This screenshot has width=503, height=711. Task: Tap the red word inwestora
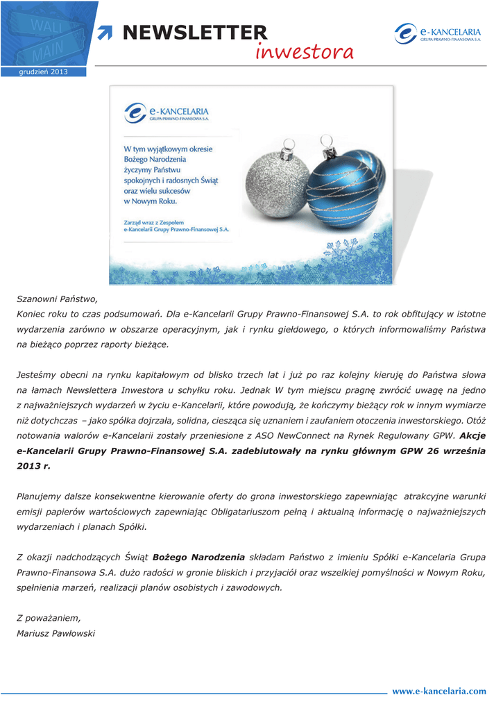pyautogui.click(x=304, y=52)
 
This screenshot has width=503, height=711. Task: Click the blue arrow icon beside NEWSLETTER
pyautogui.click(x=105, y=32)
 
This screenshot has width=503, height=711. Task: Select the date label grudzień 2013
pyautogui.click(x=43, y=72)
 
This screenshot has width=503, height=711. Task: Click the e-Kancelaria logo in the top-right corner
pyautogui.click(x=438, y=33)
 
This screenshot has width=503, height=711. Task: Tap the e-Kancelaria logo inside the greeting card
pyautogui.click(x=167, y=112)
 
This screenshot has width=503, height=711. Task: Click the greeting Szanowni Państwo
pyautogui.click(x=58, y=299)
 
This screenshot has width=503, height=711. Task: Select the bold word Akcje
pyautogui.click(x=473, y=435)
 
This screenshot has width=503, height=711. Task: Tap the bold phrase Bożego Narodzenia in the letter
pyautogui.click(x=198, y=557)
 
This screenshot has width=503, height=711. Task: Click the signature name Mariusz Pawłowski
pyautogui.click(x=56, y=633)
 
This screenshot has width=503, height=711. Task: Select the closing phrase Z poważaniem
pyautogui.click(x=49, y=617)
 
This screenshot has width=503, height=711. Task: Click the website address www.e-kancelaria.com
pyautogui.click(x=439, y=691)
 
